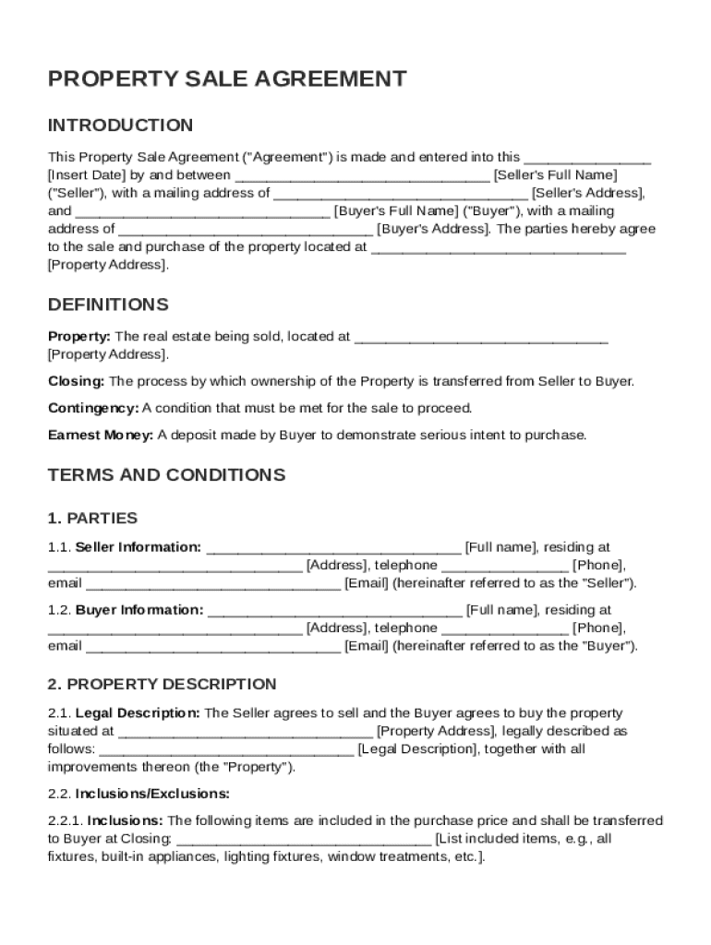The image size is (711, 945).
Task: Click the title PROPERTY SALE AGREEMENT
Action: [x=227, y=79]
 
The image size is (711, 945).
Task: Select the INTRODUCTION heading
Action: [x=121, y=126]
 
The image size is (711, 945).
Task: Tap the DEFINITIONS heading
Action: [x=108, y=305]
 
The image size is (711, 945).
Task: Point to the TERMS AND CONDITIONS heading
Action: [x=166, y=475]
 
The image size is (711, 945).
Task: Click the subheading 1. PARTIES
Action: [x=92, y=518]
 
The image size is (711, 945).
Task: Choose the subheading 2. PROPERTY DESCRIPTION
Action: [x=162, y=684]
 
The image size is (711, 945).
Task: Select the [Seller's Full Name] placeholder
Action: [x=555, y=174]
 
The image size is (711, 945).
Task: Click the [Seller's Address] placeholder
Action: [x=587, y=193]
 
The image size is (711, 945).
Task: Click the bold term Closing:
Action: [x=77, y=381]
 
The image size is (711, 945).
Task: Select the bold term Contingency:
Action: [x=93, y=408]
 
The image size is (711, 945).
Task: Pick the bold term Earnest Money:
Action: [x=101, y=435]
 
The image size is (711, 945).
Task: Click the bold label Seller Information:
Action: [x=138, y=547]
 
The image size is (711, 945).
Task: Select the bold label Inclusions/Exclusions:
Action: [x=152, y=794]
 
